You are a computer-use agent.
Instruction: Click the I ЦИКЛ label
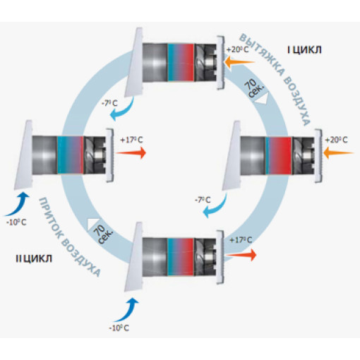coord(304,50)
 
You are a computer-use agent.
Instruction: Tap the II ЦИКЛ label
coord(34,259)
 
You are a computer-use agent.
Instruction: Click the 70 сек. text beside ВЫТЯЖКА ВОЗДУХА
coord(253,88)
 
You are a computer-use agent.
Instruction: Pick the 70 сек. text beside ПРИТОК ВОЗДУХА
coord(102,234)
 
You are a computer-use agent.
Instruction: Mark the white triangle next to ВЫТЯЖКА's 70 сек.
coord(262,98)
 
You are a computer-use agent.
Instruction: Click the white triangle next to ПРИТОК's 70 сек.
coord(93,224)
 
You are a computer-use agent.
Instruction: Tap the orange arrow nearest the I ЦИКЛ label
coord(240,63)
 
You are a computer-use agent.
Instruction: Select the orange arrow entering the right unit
coord(339,153)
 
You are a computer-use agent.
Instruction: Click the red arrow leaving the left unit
coord(131,153)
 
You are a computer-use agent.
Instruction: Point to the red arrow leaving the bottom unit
coord(241,255)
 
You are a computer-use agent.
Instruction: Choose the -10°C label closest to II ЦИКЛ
coord(16,222)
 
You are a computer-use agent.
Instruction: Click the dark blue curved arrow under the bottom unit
coord(126,309)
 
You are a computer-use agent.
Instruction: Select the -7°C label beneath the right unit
coord(203,200)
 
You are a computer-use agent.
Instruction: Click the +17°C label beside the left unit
coord(131,140)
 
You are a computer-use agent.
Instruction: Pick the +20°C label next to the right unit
coord(336,140)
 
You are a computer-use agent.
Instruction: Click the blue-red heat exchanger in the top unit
coord(181,63)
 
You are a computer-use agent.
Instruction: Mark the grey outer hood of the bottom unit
coord(133,256)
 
